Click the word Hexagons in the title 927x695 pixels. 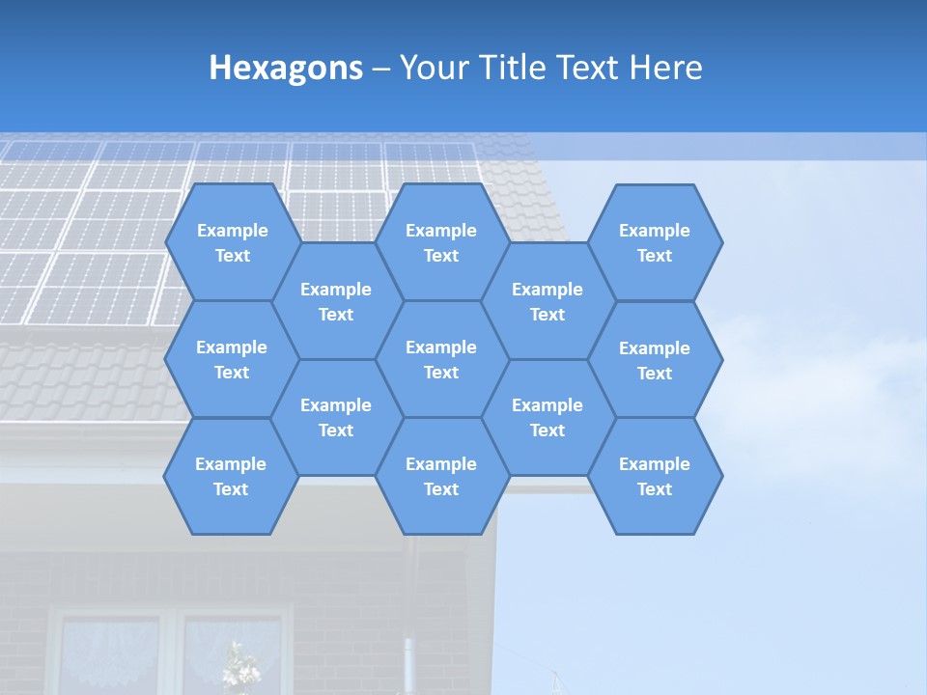(x=286, y=68)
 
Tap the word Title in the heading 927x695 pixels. (x=521, y=68)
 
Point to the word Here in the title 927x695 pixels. (x=665, y=68)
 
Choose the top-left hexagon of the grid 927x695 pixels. (x=232, y=242)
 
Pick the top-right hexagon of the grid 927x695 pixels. (x=655, y=242)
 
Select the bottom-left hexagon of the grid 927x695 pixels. (x=231, y=476)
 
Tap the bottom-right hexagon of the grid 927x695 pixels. (x=655, y=476)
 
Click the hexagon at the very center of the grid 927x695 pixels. (x=441, y=359)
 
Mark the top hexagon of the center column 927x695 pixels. (x=441, y=242)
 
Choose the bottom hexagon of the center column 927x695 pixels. (x=441, y=476)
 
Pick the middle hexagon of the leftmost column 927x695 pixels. (x=232, y=359)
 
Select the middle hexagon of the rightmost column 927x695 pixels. (x=655, y=360)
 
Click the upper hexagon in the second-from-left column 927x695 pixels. (x=336, y=301)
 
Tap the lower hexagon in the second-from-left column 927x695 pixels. (x=336, y=417)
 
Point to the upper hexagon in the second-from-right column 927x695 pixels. (x=548, y=301)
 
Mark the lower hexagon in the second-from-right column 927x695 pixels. (x=548, y=417)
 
